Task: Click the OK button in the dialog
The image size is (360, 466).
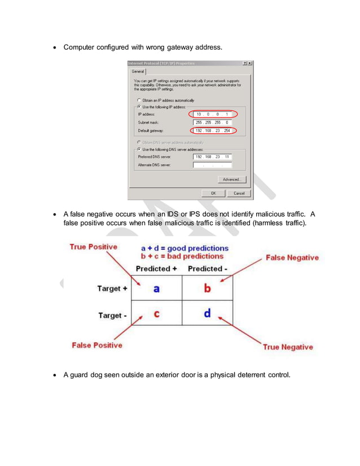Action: pos(213,193)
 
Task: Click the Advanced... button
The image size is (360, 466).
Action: pos(231,179)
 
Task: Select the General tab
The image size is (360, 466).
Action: pos(138,72)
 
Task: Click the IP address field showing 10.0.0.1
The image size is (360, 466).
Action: pos(212,114)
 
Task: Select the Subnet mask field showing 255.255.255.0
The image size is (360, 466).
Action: pos(212,122)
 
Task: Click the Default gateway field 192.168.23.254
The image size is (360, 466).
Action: pos(212,130)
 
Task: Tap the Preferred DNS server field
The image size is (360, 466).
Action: pos(212,157)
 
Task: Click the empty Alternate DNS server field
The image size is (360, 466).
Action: pos(212,165)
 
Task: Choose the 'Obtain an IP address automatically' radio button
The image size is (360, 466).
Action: pos(139,100)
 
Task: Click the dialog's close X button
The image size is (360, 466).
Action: pos(249,63)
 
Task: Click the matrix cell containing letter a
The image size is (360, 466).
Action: pos(156,288)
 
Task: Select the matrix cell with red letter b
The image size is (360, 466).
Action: pos(207,288)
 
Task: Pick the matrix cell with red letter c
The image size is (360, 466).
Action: pos(156,313)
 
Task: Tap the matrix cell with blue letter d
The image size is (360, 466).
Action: pos(207,313)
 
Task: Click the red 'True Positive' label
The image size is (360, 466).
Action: pos(93,247)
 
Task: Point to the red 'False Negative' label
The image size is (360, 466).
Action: pos(291,257)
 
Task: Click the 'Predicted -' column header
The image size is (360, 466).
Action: pos(207,269)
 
